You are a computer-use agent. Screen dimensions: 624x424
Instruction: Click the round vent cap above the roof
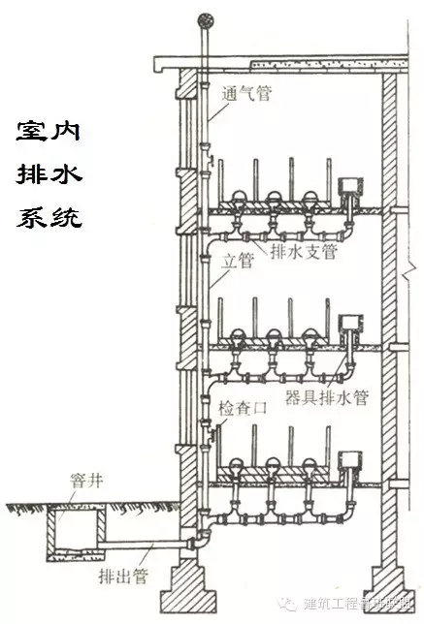click(x=204, y=18)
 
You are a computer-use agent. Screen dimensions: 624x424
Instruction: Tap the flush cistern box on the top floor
click(x=347, y=186)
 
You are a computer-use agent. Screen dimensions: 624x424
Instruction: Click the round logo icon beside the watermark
click(x=288, y=602)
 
